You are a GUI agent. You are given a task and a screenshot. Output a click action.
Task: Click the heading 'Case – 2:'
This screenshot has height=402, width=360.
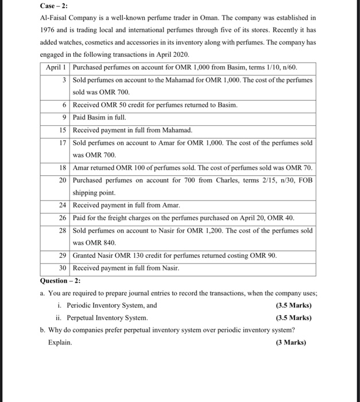[56, 6]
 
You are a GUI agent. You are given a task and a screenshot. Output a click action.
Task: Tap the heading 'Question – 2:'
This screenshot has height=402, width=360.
[60, 280]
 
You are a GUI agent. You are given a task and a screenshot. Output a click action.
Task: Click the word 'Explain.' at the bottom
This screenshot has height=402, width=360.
[60, 342]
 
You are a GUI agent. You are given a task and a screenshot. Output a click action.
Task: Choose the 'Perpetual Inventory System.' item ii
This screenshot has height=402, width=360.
[107, 318]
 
